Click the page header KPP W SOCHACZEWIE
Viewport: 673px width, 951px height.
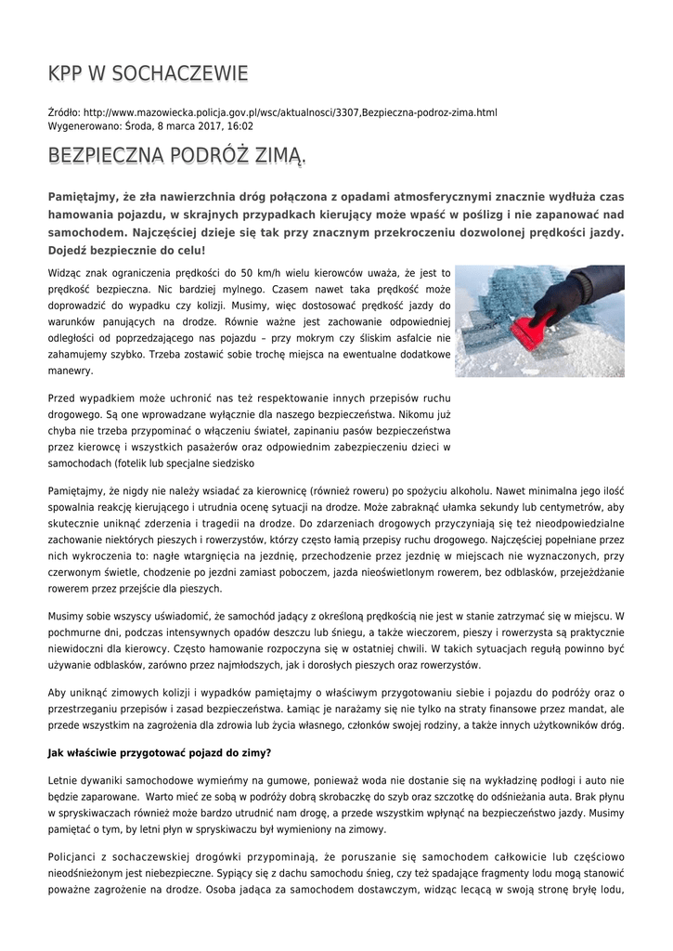pyautogui.click(x=148, y=73)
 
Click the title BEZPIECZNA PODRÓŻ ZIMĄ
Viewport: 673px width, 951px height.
pyautogui.click(x=176, y=155)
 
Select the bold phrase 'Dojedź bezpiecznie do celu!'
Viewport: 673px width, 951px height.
pyautogui.click(x=126, y=250)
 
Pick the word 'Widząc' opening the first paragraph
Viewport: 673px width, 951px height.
pyautogui.click(x=66, y=272)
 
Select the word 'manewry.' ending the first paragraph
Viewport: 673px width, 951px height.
pyautogui.click(x=71, y=371)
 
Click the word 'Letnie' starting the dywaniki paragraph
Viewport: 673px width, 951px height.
pyautogui.click(x=64, y=781)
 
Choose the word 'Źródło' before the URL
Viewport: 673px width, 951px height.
pyautogui.click(x=64, y=112)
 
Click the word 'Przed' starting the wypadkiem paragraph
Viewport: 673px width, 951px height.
pyautogui.click(x=62, y=398)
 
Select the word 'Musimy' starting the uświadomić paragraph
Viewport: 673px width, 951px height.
pyautogui.click(x=68, y=616)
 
